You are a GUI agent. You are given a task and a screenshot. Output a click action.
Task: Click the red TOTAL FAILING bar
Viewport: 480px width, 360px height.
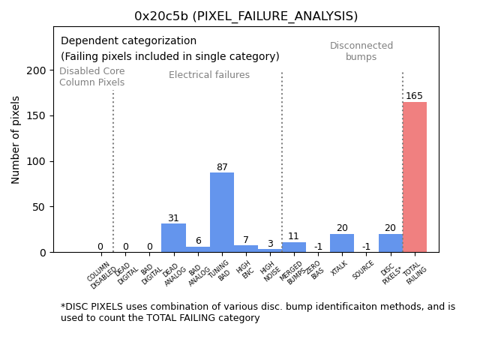pyautogui.click(x=415, y=177)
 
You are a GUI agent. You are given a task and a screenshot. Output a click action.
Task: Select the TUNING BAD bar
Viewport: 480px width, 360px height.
pyautogui.click(x=222, y=212)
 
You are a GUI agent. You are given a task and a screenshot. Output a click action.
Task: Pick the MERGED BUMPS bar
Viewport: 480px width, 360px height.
pyautogui.click(x=294, y=247)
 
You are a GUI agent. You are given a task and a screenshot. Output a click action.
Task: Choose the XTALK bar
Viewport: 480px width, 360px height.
pyautogui.click(x=342, y=243)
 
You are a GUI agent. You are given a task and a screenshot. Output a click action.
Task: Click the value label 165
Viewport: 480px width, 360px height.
pyautogui.click(x=415, y=96)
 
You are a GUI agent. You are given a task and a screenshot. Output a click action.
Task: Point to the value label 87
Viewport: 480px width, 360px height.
pyautogui.click(x=222, y=167)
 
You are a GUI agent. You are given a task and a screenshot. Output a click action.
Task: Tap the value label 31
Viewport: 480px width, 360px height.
pyautogui.click(x=173, y=218)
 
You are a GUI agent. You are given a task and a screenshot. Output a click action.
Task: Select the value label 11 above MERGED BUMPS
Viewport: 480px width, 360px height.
pyautogui.click(x=294, y=236)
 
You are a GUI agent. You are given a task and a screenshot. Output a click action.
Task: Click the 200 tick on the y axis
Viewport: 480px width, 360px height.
pyautogui.click(x=36, y=70)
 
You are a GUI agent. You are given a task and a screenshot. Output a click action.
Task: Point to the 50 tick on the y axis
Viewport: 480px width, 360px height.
pyautogui.click(x=39, y=207)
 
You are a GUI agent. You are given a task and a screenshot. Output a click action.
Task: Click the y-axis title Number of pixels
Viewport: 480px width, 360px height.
pyautogui.click(x=16, y=139)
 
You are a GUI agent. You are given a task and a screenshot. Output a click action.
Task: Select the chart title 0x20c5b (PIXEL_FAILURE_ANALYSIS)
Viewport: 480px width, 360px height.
pyautogui.click(x=246, y=16)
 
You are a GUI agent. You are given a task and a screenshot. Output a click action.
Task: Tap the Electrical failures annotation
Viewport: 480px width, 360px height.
pyautogui.click(x=209, y=75)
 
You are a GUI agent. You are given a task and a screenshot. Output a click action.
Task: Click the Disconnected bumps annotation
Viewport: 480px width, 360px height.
pyautogui.click(x=361, y=51)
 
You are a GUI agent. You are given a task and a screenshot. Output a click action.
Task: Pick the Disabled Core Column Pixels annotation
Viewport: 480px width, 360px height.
pyautogui.click(x=92, y=76)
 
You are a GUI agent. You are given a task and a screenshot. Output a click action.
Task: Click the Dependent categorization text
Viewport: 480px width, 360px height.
pyautogui.click(x=128, y=41)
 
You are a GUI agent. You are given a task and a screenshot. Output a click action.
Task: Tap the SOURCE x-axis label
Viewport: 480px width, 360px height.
pyautogui.click(x=364, y=270)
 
